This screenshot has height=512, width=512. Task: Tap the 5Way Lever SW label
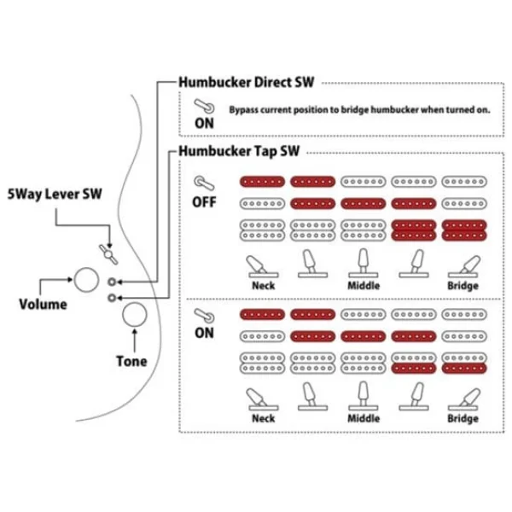(54, 194)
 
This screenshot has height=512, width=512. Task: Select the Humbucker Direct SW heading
(246, 83)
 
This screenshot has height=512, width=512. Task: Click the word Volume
(44, 304)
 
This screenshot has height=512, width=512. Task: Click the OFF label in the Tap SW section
(204, 202)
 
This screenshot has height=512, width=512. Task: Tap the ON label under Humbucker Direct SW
(204, 122)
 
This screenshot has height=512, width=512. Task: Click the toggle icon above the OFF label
(203, 183)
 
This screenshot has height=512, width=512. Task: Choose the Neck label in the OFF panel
(263, 287)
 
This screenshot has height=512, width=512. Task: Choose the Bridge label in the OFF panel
(461, 287)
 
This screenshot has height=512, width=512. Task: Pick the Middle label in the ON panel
(364, 419)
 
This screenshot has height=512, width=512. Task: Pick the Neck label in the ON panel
(263, 419)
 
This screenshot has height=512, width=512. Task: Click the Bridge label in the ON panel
(461, 419)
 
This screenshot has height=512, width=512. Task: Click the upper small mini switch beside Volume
(113, 281)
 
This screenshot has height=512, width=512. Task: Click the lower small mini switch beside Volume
(113, 297)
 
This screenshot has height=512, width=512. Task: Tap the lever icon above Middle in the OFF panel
(362, 261)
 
